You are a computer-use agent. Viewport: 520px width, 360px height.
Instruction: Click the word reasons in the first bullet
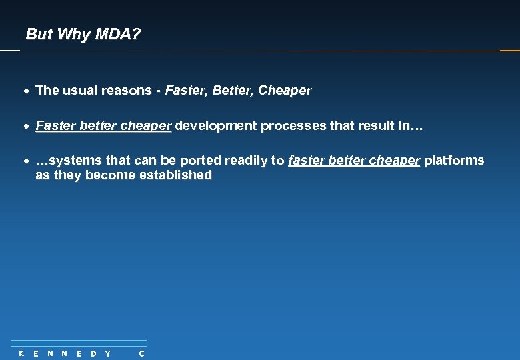pos(127,90)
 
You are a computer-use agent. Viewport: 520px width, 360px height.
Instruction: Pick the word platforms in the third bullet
pos(454,161)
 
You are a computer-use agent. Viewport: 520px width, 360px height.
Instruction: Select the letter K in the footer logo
pos(21,353)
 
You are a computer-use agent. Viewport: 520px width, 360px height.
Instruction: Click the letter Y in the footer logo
pos(108,353)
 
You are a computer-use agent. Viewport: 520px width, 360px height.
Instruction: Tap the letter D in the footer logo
pos(93,353)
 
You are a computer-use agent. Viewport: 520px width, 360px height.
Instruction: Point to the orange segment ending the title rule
pos(509,51)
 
